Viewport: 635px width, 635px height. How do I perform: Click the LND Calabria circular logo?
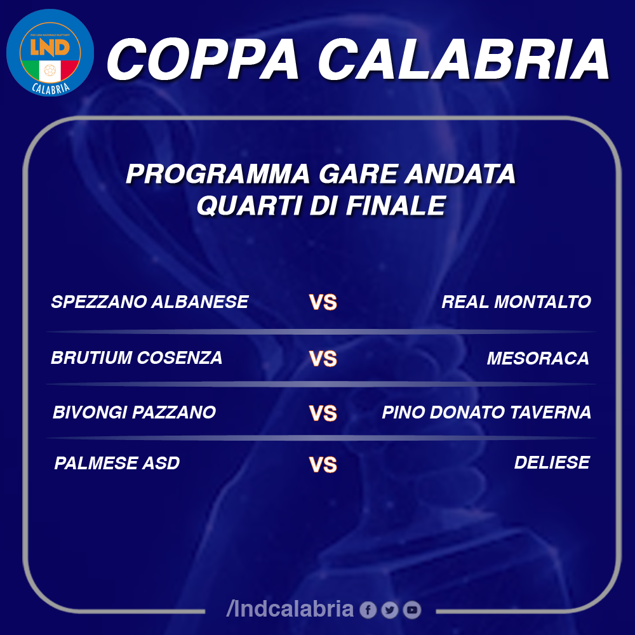pos(50,53)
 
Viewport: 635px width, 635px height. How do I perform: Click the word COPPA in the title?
pos(203,60)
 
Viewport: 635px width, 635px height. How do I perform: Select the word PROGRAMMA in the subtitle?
pos(218,174)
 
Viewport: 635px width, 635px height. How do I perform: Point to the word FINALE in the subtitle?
pos(396,205)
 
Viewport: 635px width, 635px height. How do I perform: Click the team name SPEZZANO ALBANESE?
pos(150,302)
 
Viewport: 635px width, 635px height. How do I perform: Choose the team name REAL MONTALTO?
pos(516,302)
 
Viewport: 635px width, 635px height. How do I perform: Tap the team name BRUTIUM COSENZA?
pos(137,358)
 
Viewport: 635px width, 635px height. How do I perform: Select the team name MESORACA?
pos(538,358)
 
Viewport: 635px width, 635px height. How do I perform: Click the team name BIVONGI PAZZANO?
pos(134,412)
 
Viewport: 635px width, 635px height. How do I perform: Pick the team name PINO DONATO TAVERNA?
pos(486,412)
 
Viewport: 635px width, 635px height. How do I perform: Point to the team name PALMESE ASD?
pos(117,463)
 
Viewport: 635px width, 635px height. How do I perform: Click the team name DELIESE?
pos(552,462)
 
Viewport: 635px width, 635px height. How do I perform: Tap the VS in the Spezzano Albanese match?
pos(323,302)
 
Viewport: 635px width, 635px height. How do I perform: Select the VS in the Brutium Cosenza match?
pos(323,358)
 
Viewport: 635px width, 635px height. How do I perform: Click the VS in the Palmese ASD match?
pos(323,465)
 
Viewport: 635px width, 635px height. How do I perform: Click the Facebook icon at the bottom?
pos(368,610)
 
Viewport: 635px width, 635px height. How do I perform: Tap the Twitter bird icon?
pos(390,610)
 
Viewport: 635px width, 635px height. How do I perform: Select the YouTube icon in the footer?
pos(412,610)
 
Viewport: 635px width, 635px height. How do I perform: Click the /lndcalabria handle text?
pos(290,609)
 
